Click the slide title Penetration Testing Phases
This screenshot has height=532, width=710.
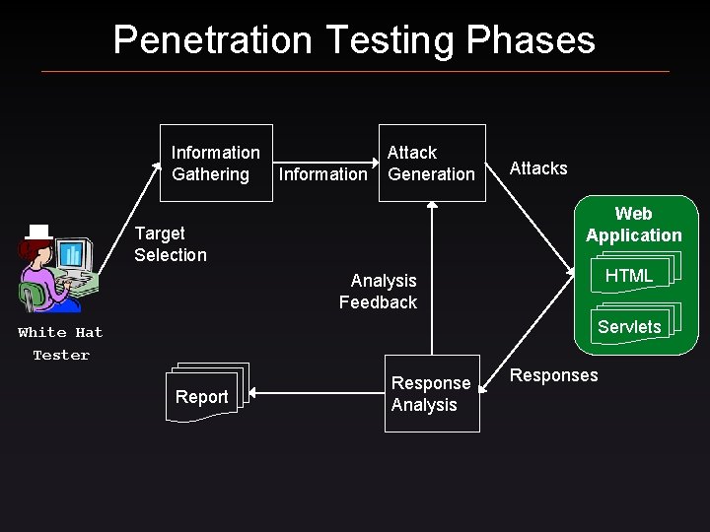pos(354,39)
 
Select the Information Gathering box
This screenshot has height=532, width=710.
pos(216,164)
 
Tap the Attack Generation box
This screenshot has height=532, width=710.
pos(432,164)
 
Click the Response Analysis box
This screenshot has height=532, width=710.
pos(432,394)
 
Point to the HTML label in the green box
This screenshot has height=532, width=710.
pos(629,277)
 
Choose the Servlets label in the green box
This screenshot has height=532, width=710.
pos(629,327)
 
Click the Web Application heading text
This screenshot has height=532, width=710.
pos(633,225)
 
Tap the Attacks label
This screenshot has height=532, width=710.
pos(538,168)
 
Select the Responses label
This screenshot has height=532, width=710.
pos(554,375)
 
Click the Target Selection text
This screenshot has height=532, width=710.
pos(171,244)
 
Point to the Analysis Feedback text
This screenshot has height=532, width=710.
pos(379,292)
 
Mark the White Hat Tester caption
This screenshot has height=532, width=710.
pos(60,344)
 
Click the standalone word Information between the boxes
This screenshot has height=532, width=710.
pos(323,174)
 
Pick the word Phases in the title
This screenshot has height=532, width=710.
pos(539,39)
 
